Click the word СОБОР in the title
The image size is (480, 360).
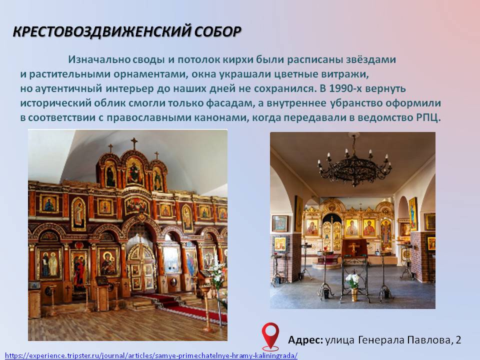pyautogui.click(x=217, y=31)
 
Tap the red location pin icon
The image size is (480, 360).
pyautogui.click(x=270, y=336)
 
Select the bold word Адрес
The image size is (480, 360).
pyautogui.click(x=305, y=340)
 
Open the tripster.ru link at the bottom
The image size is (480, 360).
pyautogui.click(x=151, y=355)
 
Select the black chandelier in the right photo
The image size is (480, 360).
pyautogui.click(x=354, y=162)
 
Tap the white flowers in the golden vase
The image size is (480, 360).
pyautogui.click(x=352, y=280)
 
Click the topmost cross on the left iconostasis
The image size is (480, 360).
pyautogui.click(x=134, y=143)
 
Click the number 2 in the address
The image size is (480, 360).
pyautogui.click(x=458, y=340)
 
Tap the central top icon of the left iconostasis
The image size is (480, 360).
pyautogui.click(x=134, y=170)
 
